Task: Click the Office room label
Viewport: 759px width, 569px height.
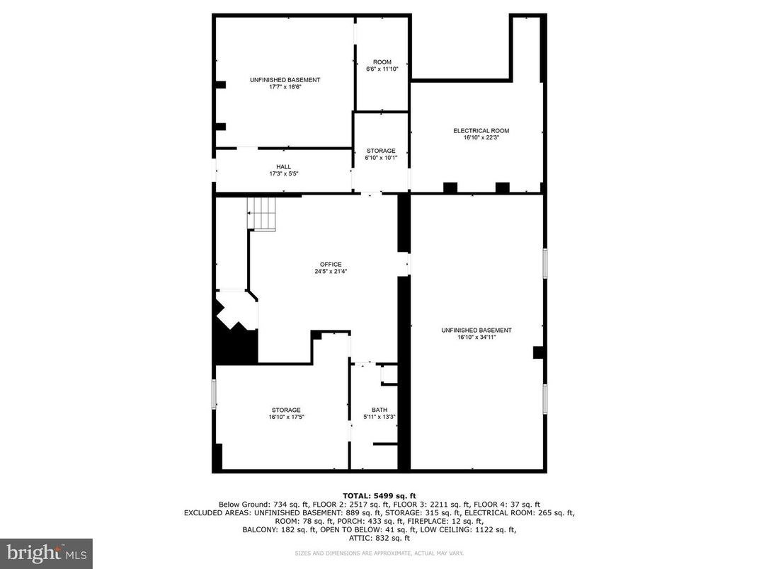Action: click(x=331, y=265)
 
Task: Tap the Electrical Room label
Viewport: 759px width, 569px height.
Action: click(x=481, y=131)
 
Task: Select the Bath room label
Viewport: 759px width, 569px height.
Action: click(x=379, y=410)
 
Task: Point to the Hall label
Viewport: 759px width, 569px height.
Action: click(x=283, y=167)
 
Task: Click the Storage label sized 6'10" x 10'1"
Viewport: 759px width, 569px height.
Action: click(x=381, y=151)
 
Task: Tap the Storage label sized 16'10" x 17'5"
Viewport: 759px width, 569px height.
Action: click(x=286, y=410)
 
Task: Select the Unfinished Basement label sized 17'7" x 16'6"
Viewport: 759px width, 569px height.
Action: click(x=285, y=80)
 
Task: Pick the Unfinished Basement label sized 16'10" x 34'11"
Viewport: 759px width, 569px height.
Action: click(x=476, y=331)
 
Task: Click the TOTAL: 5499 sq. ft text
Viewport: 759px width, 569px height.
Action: click(x=379, y=495)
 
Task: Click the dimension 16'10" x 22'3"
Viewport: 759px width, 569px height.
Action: click(x=481, y=138)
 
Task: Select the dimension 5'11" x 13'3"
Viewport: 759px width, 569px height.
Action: click(x=379, y=417)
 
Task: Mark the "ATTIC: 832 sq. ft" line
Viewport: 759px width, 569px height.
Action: click(x=379, y=538)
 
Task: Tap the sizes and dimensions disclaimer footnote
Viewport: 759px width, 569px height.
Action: click(x=379, y=552)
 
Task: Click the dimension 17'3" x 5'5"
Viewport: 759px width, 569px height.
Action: click(x=283, y=173)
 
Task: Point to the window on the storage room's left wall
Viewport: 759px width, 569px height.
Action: click(x=214, y=394)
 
